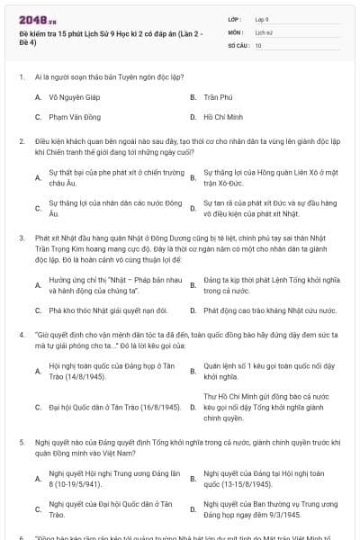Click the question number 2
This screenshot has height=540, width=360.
tap(21, 141)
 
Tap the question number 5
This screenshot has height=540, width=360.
tap(21, 443)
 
